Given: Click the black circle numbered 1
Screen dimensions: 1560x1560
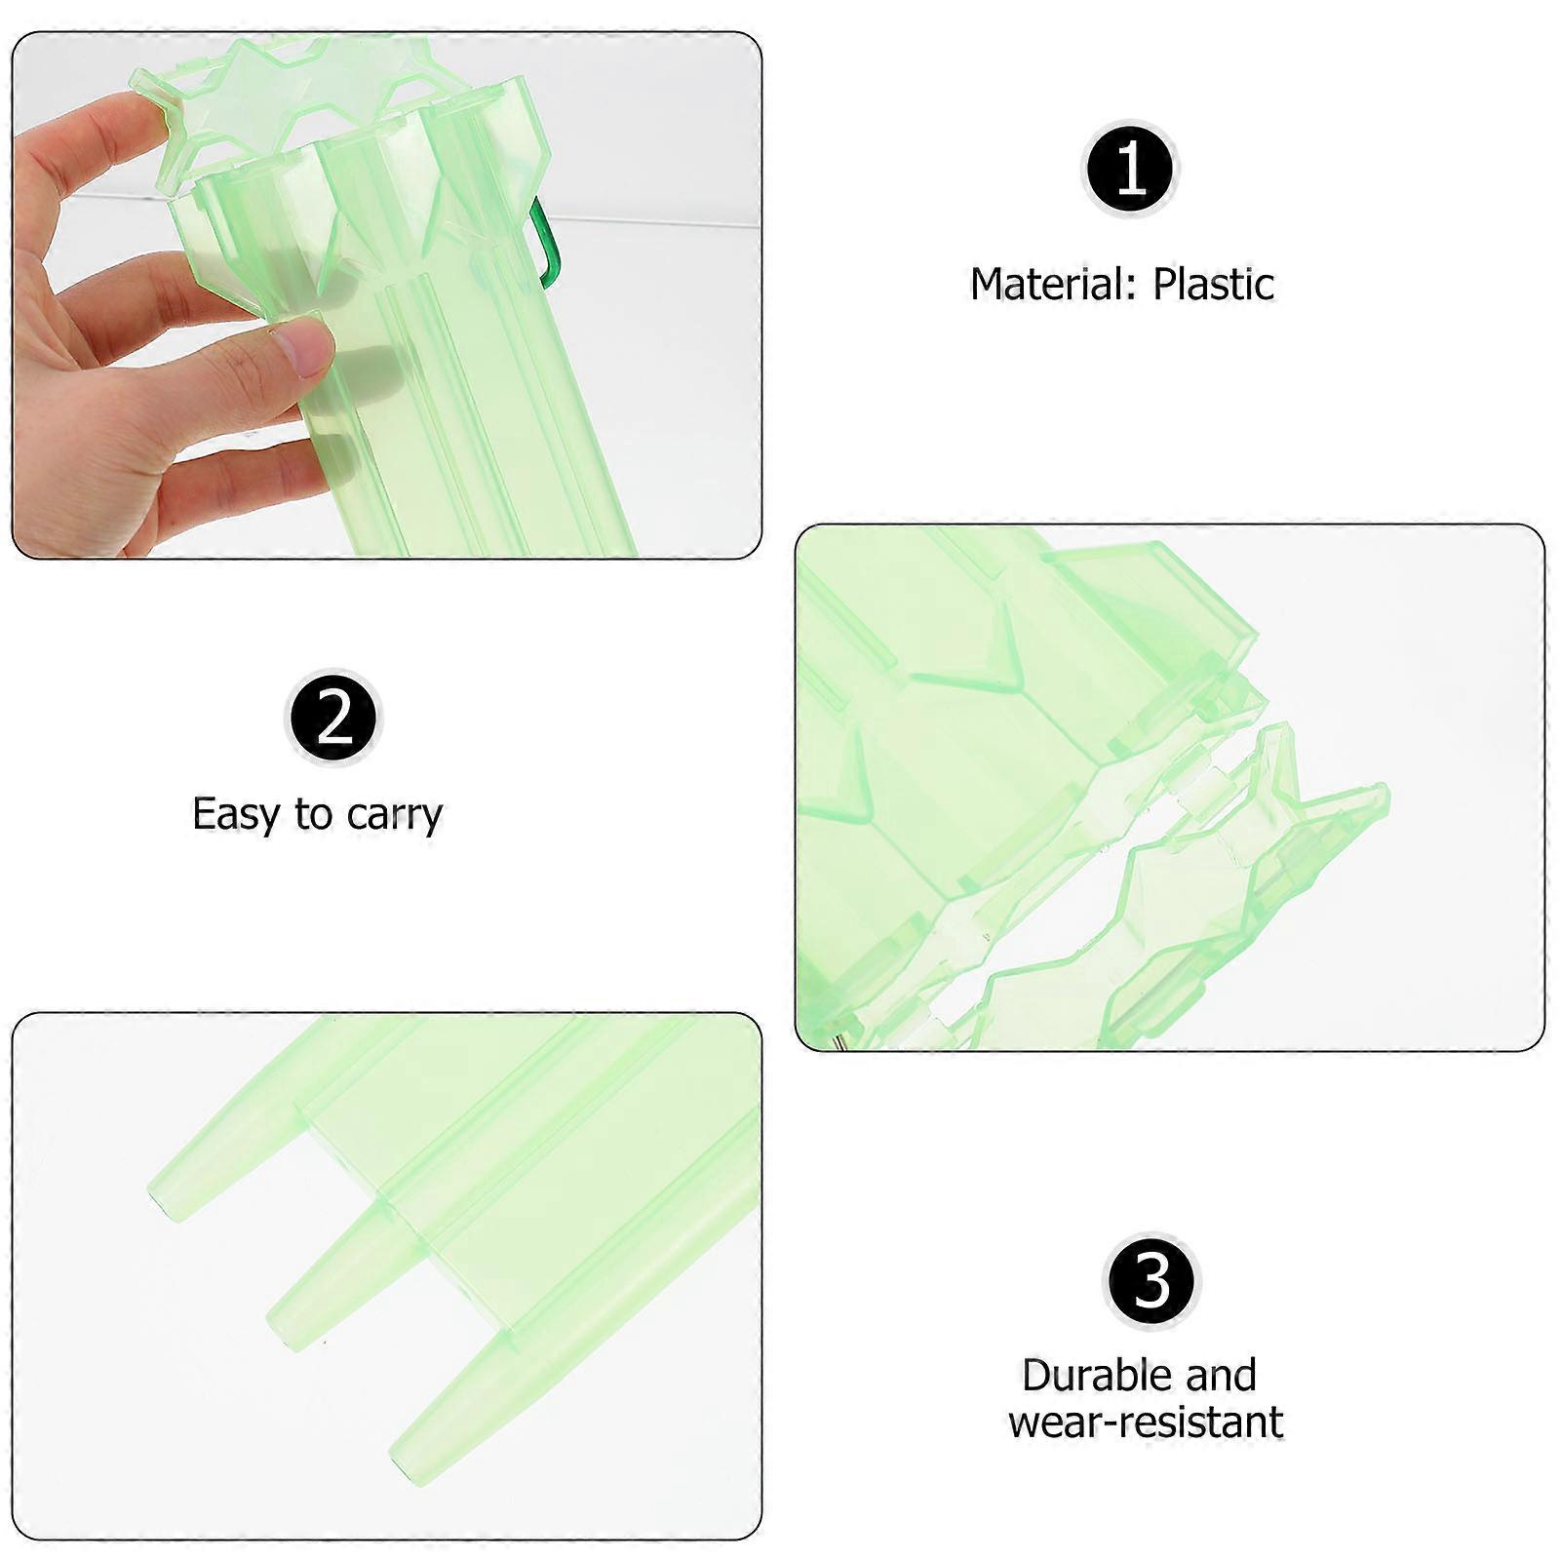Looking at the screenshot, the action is [x=1131, y=170].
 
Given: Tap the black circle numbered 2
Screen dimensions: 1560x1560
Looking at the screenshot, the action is [x=333, y=719].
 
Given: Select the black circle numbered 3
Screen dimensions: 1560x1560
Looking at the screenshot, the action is [x=1151, y=1280].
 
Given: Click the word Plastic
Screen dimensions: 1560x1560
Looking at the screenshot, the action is [x=1213, y=285].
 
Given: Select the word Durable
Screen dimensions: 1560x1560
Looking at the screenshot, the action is [x=1096, y=1375].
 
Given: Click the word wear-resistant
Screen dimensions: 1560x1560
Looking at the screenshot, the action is [x=1146, y=1423].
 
